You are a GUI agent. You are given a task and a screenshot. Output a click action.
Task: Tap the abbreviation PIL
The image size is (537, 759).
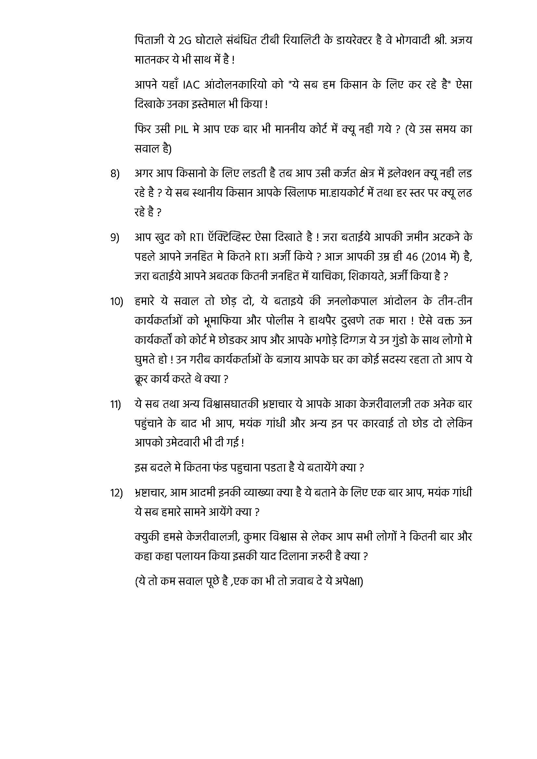tap(181, 129)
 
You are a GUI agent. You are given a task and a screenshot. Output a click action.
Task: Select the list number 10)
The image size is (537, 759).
tap(117, 302)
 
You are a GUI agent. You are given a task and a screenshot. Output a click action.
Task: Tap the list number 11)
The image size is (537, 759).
tap(116, 404)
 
